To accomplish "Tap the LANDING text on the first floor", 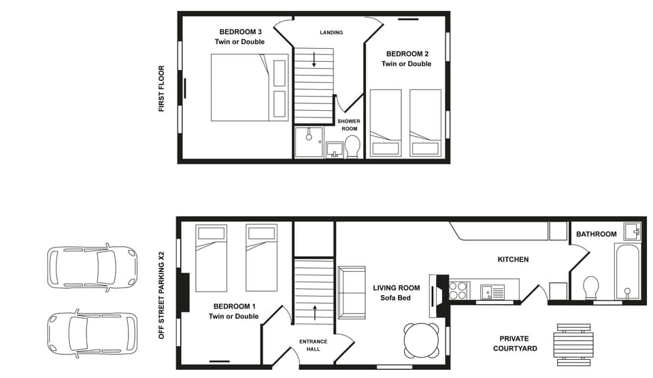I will pyautogui.click(x=331, y=33).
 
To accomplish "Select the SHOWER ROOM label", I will pyautogui.click(x=349, y=125).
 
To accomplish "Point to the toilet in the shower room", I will pyautogui.click(x=352, y=147).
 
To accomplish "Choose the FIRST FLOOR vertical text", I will pyautogui.click(x=162, y=88).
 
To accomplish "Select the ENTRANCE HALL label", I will pyautogui.click(x=313, y=345).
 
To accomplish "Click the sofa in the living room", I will pyautogui.click(x=351, y=293).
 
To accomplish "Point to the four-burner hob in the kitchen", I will pyautogui.click(x=458, y=290).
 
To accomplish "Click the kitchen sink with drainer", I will pyautogui.click(x=492, y=292).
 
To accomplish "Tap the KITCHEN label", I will pyautogui.click(x=513, y=260).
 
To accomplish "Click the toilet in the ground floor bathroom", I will pyautogui.click(x=590, y=287).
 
